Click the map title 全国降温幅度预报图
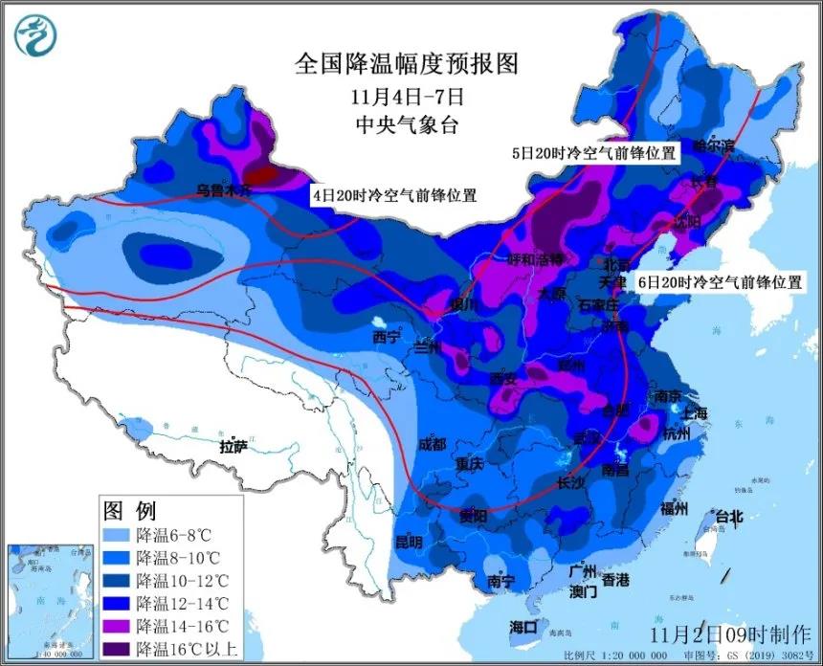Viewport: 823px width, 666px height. tap(407, 64)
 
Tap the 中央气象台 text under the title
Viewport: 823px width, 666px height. tap(407, 122)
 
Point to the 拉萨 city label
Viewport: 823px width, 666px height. tap(234, 446)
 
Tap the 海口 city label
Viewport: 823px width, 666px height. tap(524, 627)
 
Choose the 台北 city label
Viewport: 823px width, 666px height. tap(723, 517)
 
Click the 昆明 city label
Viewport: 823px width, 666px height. tap(409, 542)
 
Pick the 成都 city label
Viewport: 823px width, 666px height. tap(432, 444)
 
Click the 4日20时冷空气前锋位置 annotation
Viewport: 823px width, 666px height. tap(394, 194)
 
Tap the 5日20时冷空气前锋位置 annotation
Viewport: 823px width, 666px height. tap(593, 152)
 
